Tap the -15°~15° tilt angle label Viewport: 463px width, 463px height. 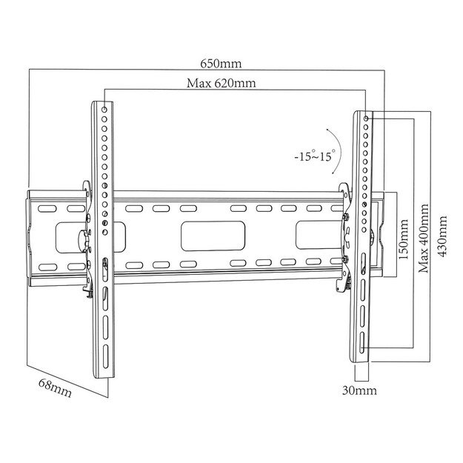(313, 156)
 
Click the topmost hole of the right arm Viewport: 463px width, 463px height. (367, 118)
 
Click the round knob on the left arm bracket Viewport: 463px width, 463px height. (82, 239)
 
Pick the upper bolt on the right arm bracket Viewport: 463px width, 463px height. (347, 217)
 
